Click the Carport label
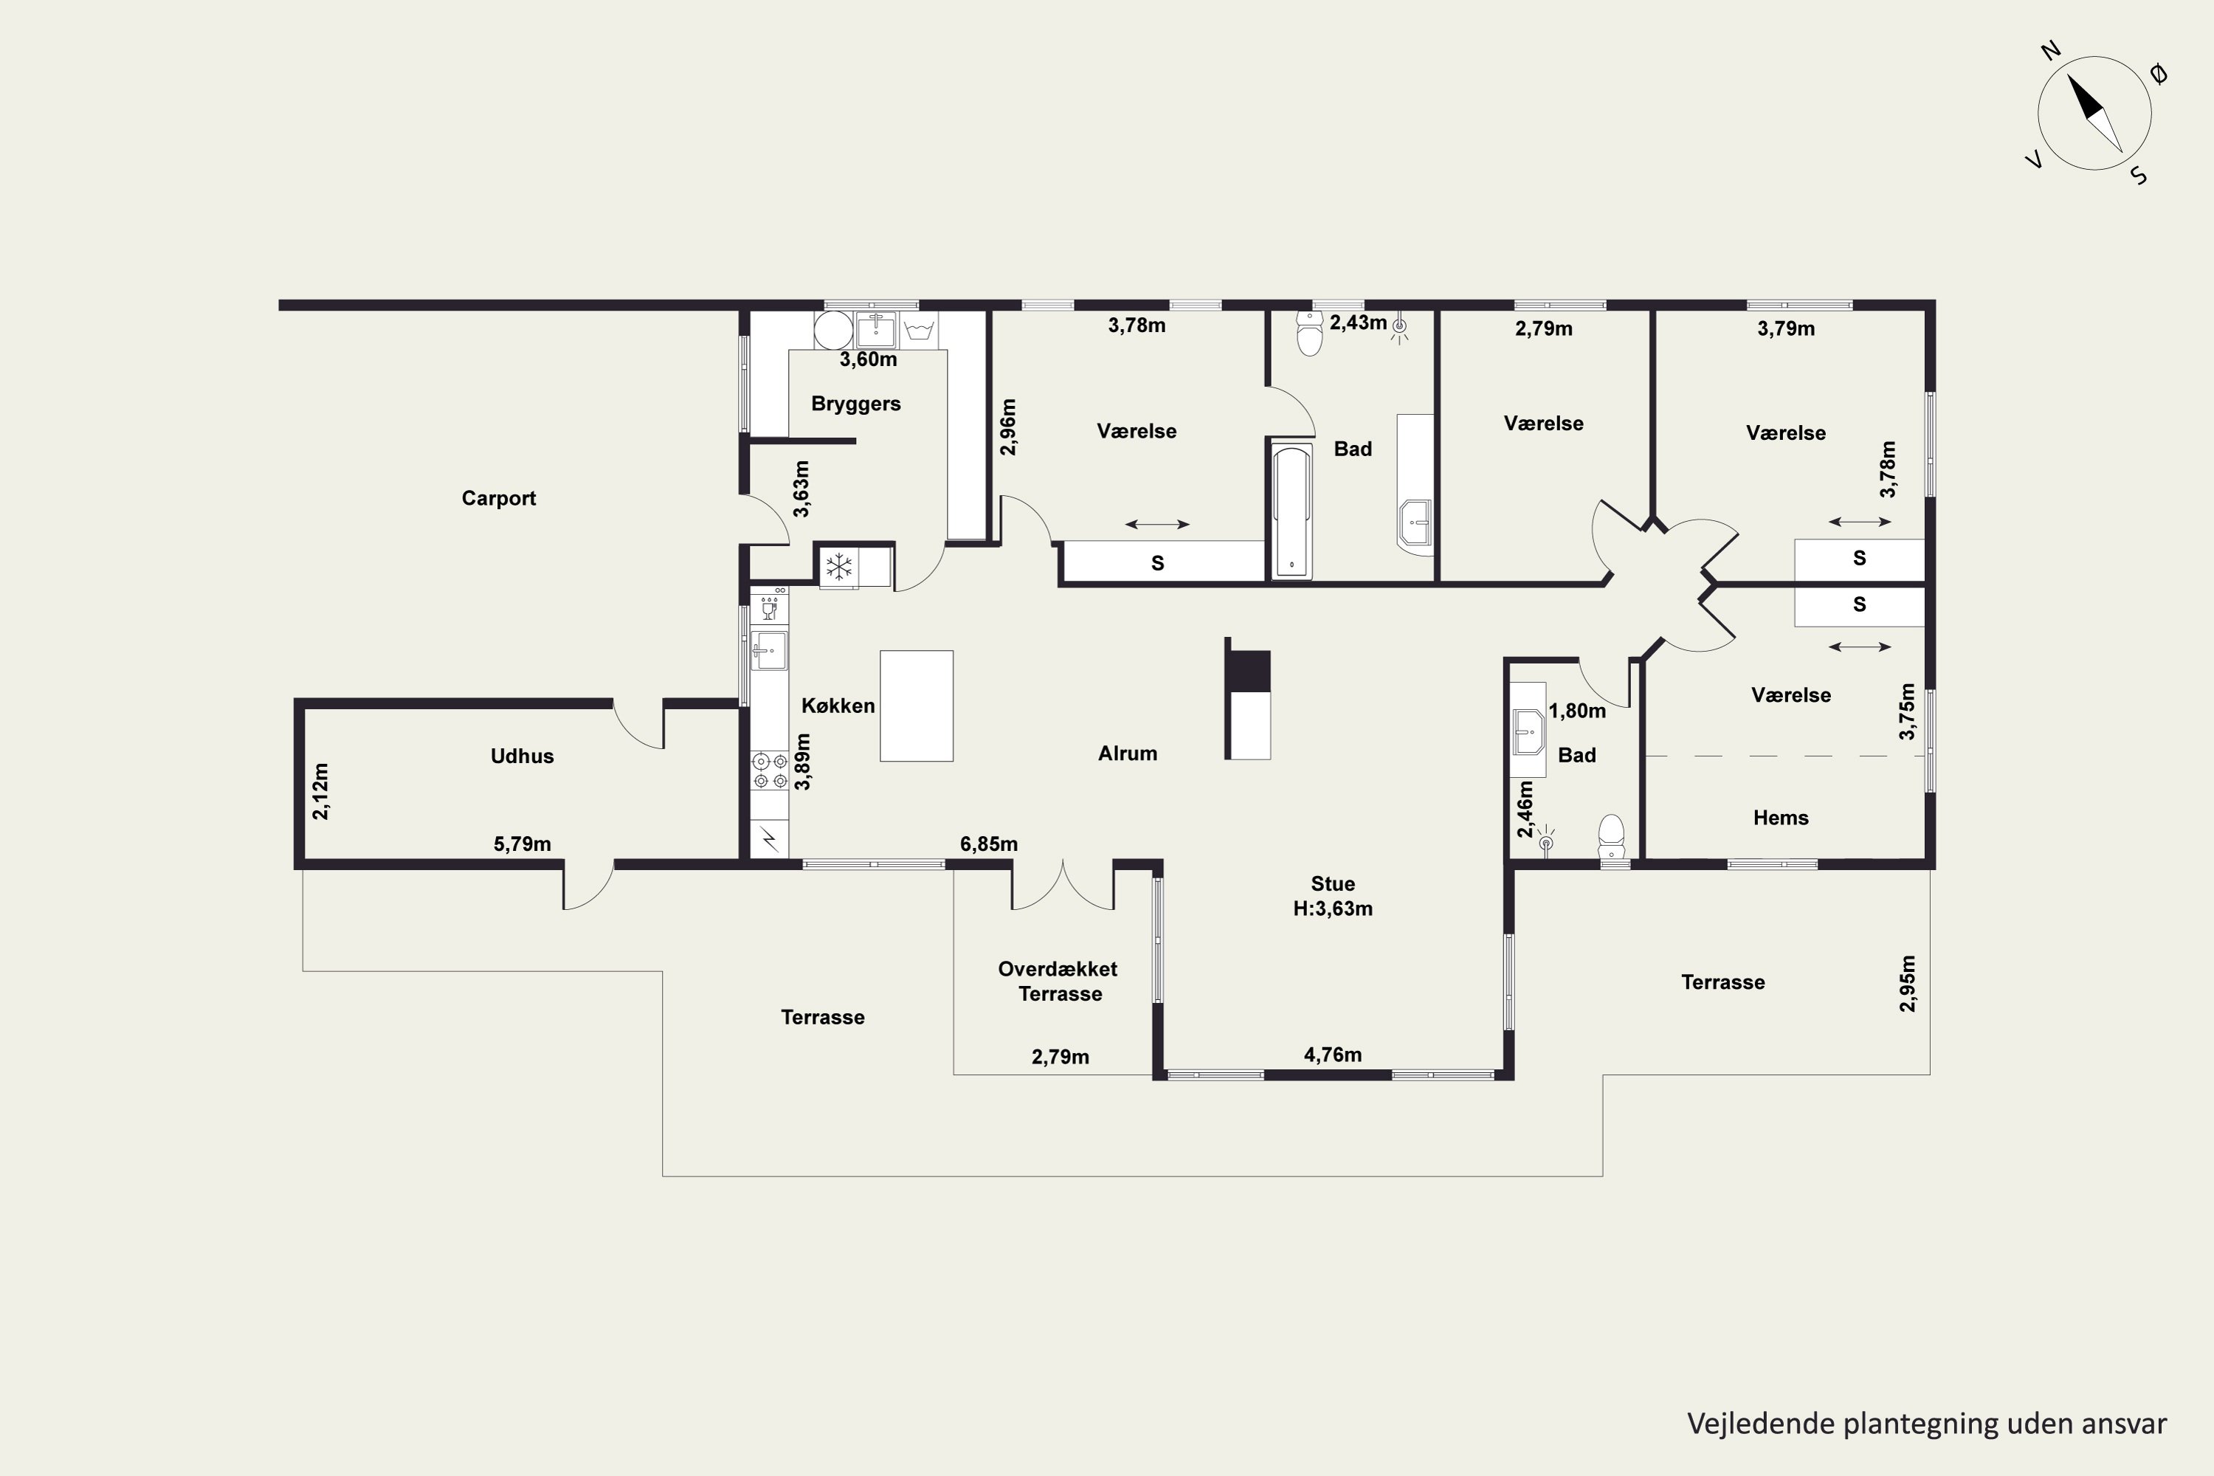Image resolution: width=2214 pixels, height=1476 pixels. pyautogui.click(x=498, y=498)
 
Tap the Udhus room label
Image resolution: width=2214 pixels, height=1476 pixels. pyautogui.click(x=522, y=756)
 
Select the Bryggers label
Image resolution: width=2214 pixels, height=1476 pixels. pyautogui.click(x=855, y=404)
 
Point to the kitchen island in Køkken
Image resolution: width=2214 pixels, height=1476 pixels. pyautogui.click(x=916, y=705)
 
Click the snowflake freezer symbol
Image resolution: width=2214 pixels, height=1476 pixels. pyautogui.click(x=838, y=567)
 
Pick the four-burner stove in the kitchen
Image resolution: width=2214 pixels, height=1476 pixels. pyautogui.click(x=769, y=770)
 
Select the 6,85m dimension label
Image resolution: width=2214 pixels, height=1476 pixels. pyautogui.click(x=988, y=844)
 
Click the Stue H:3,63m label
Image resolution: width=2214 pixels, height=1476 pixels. pyautogui.click(x=1333, y=896)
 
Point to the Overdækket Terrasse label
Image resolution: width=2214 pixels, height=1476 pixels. pyautogui.click(x=1058, y=981)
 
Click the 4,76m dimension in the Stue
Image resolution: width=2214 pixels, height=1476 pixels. pyautogui.click(x=1332, y=1055)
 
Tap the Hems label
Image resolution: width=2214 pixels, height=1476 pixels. pyautogui.click(x=1780, y=817)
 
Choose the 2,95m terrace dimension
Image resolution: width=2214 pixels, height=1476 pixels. pyautogui.click(x=1907, y=984)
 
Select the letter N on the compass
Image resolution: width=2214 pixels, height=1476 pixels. pyautogui.click(x=2051, y=51)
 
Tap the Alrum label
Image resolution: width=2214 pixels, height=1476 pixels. pyautogui.click(x=1127, y=753)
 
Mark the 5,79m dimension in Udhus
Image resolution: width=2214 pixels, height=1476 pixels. pyautogui.click(x=522, y=844)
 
